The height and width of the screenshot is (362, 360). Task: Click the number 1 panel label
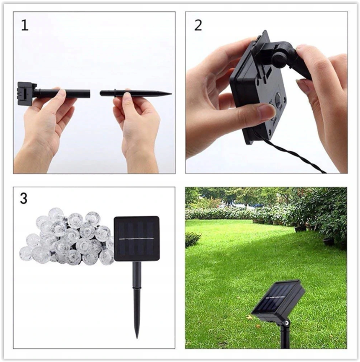coord(25,25)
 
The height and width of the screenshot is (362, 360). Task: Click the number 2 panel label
coord(198,25)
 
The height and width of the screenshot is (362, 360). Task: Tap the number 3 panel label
coord(24,198)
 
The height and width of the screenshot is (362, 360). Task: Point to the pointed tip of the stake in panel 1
coord(170,93)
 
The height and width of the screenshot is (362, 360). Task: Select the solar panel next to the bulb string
coord(136,239)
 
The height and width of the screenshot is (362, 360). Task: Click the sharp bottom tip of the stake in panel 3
coord(137,336)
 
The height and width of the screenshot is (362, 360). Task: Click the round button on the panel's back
coord(278,100)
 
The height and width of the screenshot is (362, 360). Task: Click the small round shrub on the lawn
coord(193,239)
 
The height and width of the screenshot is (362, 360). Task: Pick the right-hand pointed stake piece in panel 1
coord(134,93)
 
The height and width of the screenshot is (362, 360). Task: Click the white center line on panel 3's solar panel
coord(136,239)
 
